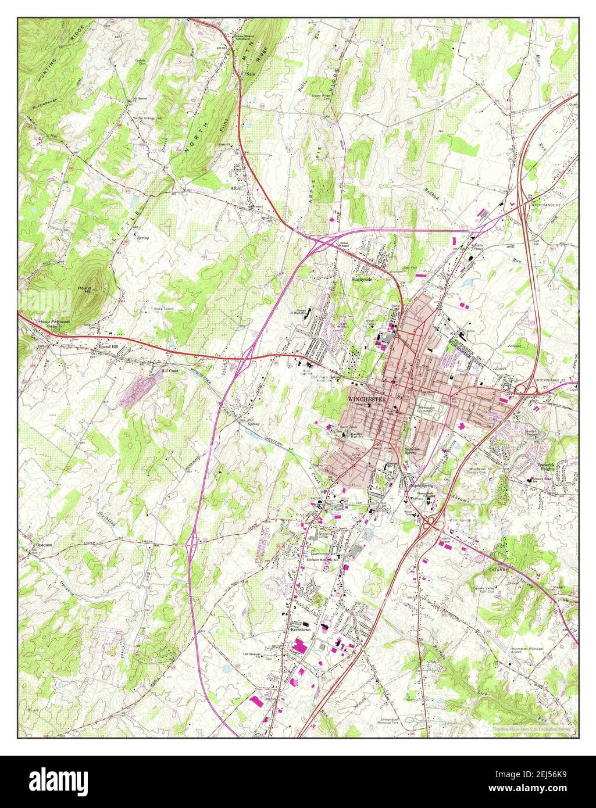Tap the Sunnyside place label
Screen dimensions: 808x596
pyautogui.click(x=361, y=280)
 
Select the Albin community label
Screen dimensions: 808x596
pyautogui.click(x=235, y=188)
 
